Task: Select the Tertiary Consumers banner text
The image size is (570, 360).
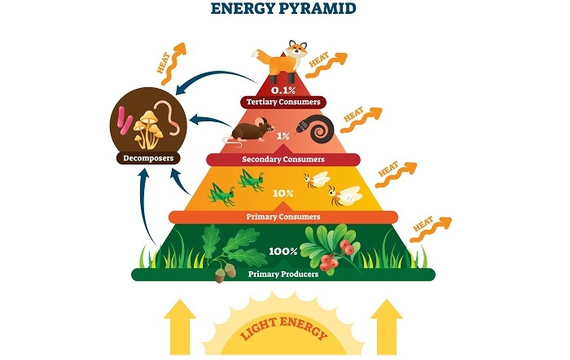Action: (283, 103)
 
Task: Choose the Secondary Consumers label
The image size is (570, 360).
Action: (283, 159)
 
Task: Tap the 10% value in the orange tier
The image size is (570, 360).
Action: (283, 193)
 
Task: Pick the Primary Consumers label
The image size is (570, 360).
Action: (283, 217)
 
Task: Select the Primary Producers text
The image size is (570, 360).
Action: (283, 274)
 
